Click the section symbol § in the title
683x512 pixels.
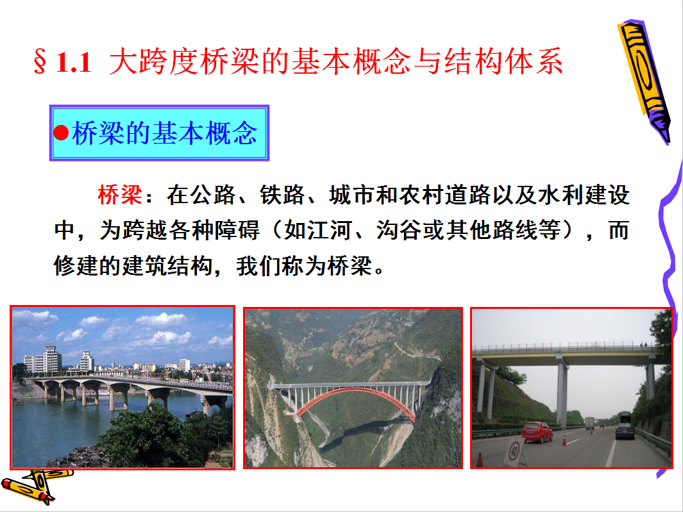[x=40, y=62]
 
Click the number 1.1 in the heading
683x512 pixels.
[x=74, y=62]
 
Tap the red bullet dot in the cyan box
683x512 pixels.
[x=61, y=133]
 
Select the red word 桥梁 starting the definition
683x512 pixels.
[x=120, y=195]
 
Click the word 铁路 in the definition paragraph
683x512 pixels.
[x=282, y=195]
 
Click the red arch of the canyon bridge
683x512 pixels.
[x=355, y=401]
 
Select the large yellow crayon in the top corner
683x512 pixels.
[x=645, y=81]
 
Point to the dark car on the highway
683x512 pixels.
[x=625, y=431]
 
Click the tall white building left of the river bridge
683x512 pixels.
[x=52, y=359]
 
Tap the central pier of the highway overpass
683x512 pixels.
[x=562, y=390]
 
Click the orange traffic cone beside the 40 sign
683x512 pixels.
[x=480, y=459]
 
